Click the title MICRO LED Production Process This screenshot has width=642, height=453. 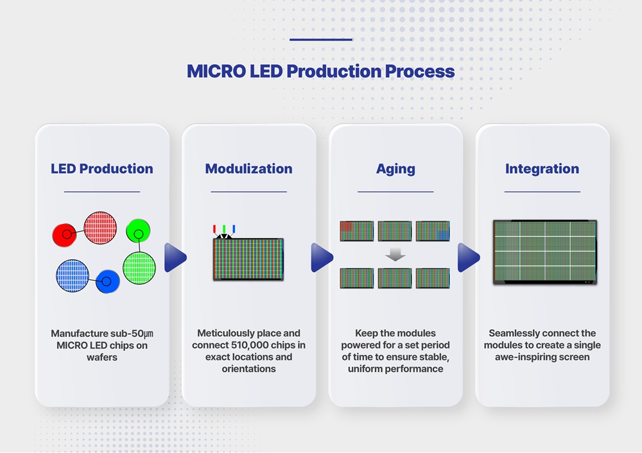pyautogui.click(x=320, y=71)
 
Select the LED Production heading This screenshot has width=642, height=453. pyautogui.click(x=102, y=169)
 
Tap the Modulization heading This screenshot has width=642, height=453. pyautogui.click(x=248, y=169)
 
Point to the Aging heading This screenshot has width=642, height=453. pyautogui.click(x=395, y=169)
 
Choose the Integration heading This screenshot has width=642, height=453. pyautogui.click(x=542, y=169)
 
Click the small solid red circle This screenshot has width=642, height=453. pyautogui.click(x=65, y=235)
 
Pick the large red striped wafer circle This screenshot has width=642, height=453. pyautogui.click(x=100, y=228)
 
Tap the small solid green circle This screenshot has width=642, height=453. pyautogui.click(x=138, y=231)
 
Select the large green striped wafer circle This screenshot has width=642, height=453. pyautogui.click(x=139, y=268)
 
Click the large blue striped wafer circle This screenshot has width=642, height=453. pyautogui.click(x=73, y=276)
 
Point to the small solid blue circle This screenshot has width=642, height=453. pyautogui.click(x=107, y=282)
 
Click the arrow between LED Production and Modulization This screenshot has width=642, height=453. pyautogui.click(x=175, y=257)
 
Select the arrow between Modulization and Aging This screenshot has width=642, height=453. pyautogui.click(x=322, y=257)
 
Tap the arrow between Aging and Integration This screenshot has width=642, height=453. pyautogui.click(x=468, y=257)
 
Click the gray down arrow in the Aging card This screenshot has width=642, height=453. pyautogui.click(x=395, y=255)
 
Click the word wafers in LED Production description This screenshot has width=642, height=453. pyautogui.click(x=102, y=357)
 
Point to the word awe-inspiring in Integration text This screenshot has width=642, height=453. pyautogui.click(x=524, y=357)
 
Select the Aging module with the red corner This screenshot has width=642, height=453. pyautogui.click(x=356, y=231)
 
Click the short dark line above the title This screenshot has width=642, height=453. pyautogui.click(x=320, y=40)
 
